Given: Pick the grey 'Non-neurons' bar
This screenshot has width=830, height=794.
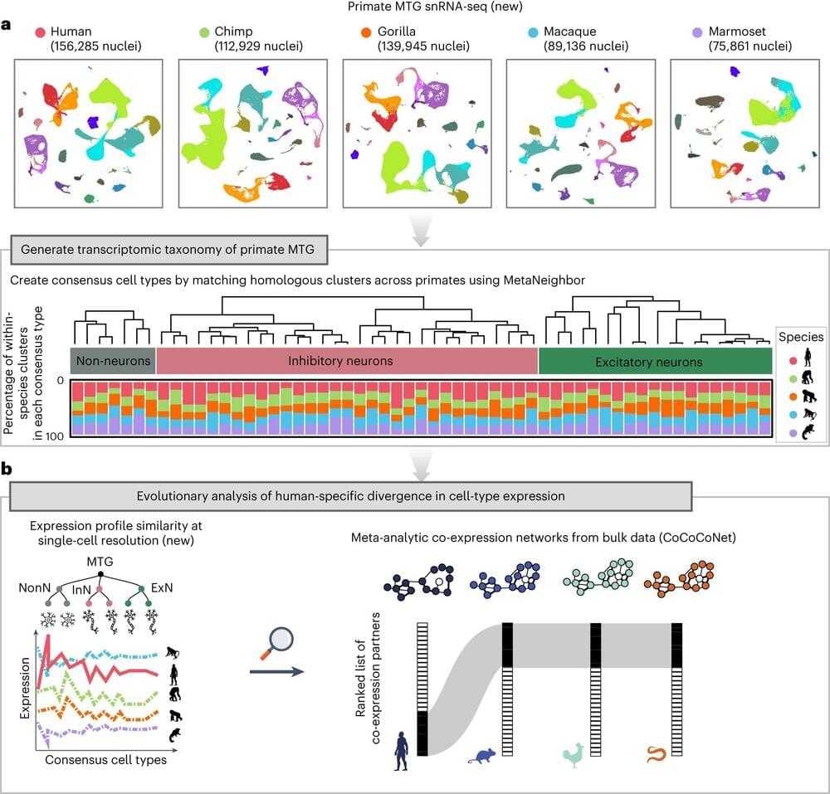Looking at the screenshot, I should (113, 361).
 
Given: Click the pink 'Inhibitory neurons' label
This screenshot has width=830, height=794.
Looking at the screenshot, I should (347, 361).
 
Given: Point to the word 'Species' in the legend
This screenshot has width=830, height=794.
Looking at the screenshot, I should (801, 338).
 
